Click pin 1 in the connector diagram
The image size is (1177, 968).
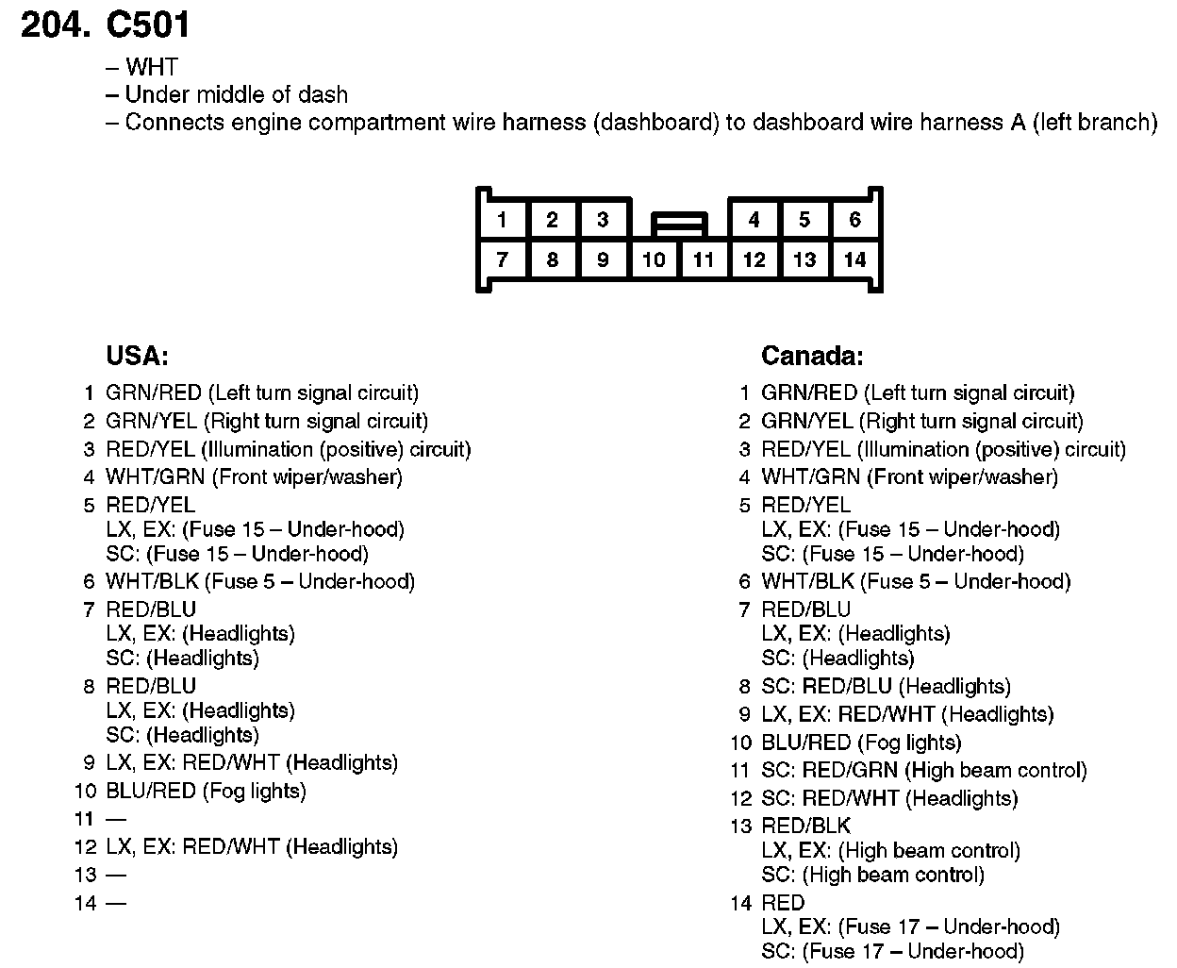502,221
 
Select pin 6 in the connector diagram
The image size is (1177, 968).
854,221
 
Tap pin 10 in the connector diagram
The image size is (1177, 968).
654,260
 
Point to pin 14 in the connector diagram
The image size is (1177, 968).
854,260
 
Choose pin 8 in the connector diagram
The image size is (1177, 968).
553,260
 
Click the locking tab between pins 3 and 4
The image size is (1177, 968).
679,225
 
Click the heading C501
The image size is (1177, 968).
149,25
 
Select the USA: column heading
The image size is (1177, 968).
137,356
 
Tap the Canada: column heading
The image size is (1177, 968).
812,356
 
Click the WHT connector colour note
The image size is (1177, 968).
151,67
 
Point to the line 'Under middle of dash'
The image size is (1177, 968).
236,94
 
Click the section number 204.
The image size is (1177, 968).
55,25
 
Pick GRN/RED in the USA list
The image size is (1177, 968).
154,392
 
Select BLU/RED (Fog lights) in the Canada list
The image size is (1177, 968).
861,743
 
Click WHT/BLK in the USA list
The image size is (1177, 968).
151,581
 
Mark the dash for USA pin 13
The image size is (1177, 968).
116,876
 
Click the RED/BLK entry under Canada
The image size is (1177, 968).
805,826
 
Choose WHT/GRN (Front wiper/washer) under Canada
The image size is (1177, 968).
909,477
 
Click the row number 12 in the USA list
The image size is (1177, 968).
86,847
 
